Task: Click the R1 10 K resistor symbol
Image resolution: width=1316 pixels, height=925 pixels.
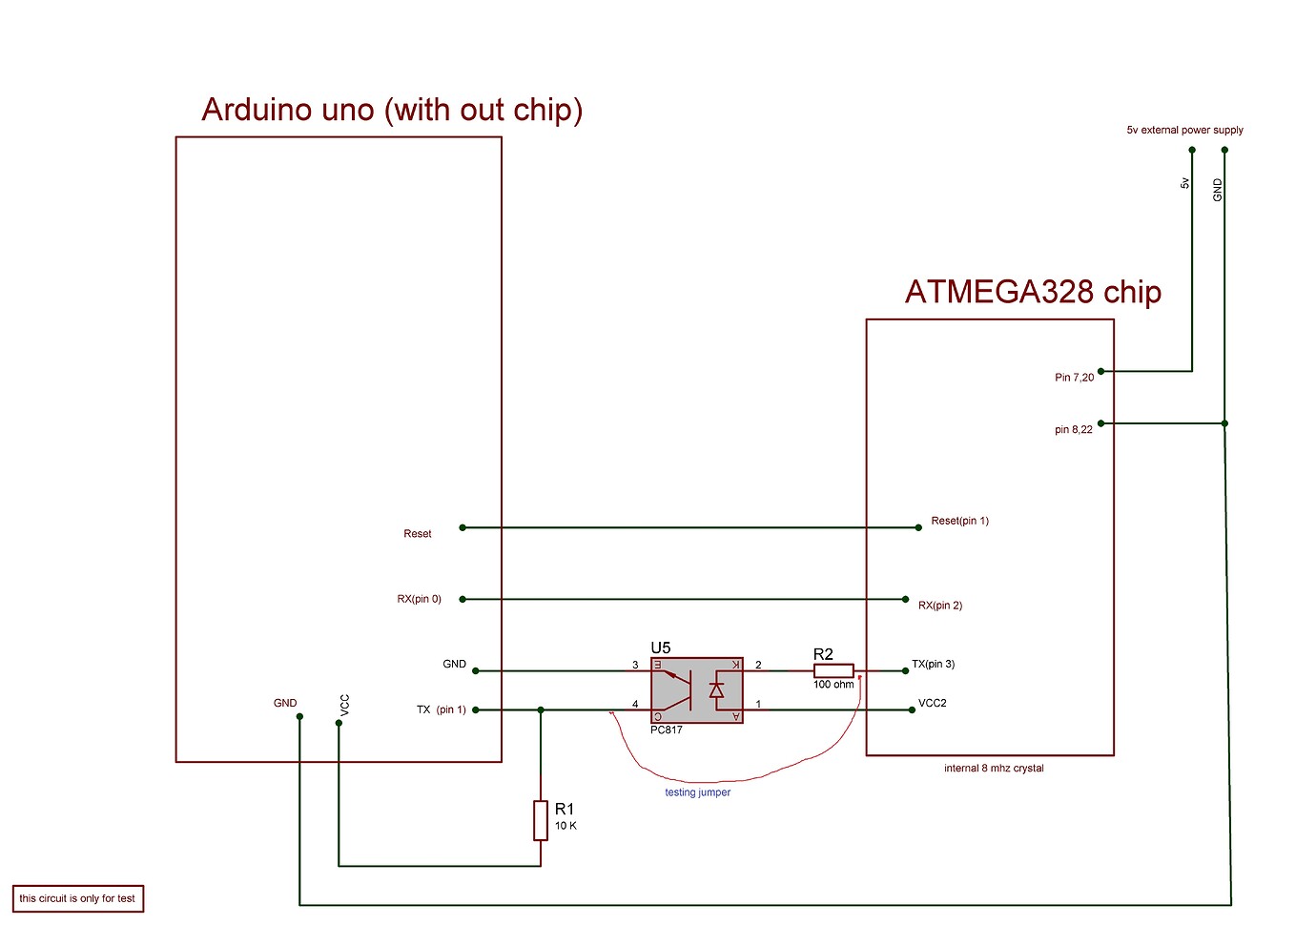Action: pos(541,820)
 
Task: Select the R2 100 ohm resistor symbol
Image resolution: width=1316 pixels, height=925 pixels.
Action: pos(833,671)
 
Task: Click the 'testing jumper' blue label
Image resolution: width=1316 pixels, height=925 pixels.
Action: pos(697,792)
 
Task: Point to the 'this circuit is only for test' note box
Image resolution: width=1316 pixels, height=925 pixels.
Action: pos(77,898)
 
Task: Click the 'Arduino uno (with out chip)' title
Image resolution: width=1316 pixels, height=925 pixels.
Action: pos(392,110)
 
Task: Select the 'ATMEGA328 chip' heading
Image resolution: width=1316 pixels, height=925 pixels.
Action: pos(1033,291)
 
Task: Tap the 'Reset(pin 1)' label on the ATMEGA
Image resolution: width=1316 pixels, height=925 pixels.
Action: pos(959,521)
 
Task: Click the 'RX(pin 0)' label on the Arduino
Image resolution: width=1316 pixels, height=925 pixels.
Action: pos(419,599)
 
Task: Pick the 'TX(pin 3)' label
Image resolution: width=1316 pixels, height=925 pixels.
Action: pos(933,664)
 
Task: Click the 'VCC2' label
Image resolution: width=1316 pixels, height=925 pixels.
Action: pos(932,703)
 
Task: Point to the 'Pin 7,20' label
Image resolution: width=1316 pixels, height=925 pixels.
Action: pos(1074,378)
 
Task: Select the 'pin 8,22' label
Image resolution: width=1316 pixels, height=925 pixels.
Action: pos(1073,430)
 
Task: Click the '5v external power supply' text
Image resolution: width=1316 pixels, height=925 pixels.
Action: pos(1184,130)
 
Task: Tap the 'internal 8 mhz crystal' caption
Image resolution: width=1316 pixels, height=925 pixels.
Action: pos(994,769)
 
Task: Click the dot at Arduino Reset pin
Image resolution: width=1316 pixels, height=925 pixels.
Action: pos(463,527)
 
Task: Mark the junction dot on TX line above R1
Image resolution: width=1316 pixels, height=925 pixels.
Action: pos(541,710)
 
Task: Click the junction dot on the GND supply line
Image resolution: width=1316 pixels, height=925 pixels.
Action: pos(1224,423)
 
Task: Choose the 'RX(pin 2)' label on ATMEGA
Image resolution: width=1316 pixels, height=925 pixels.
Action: pos(939,606)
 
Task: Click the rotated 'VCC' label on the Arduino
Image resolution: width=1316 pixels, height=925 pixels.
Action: pos(345,705)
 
